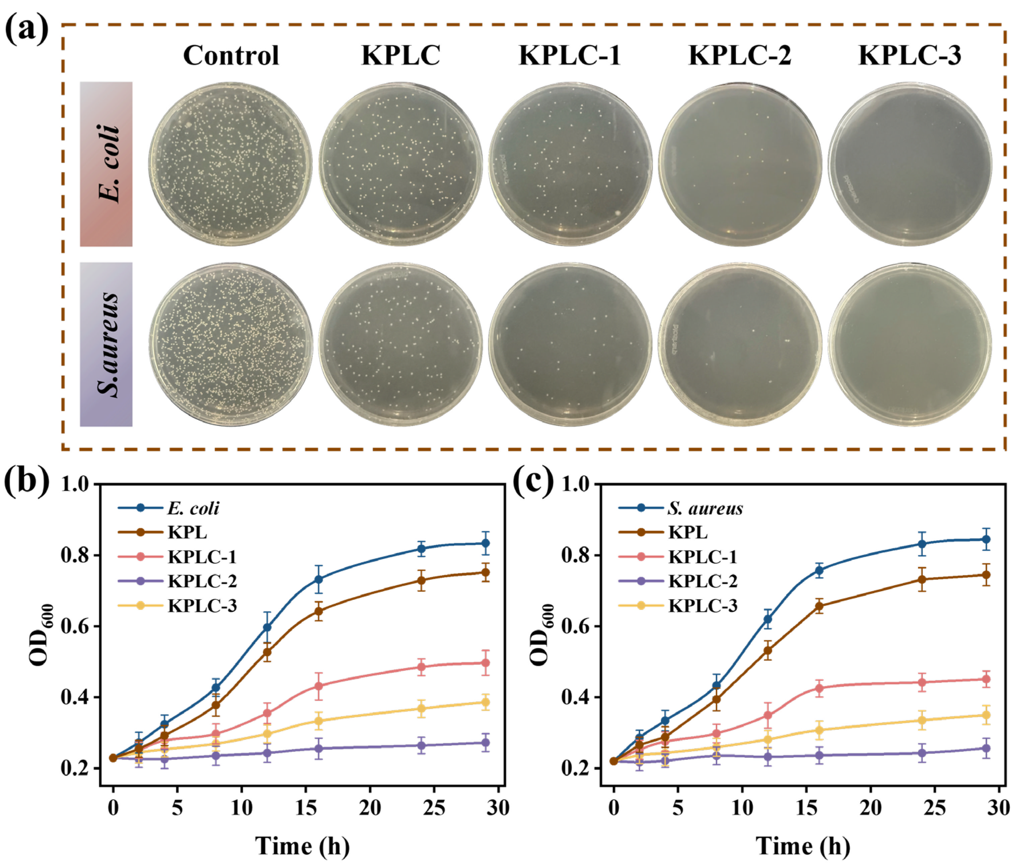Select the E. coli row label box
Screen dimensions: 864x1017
tap(106, 164)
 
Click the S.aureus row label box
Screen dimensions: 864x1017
tap(106, 344)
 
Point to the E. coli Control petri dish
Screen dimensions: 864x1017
tap(231, 164)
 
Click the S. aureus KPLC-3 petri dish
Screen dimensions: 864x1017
tap(910, 344)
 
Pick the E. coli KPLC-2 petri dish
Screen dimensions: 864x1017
tap(740, 164)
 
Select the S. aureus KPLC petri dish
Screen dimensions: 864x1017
tap(400, 344)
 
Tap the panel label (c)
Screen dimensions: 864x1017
tap(533, 481)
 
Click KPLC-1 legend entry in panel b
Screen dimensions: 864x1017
tap(202, 557)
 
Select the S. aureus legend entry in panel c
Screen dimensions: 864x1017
tap(705, 508)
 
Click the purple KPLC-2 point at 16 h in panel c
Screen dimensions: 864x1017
tap(819, 755)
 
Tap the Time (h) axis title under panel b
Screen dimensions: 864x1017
tap(302, 846)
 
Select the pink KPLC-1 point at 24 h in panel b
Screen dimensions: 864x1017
tap(421, 666)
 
